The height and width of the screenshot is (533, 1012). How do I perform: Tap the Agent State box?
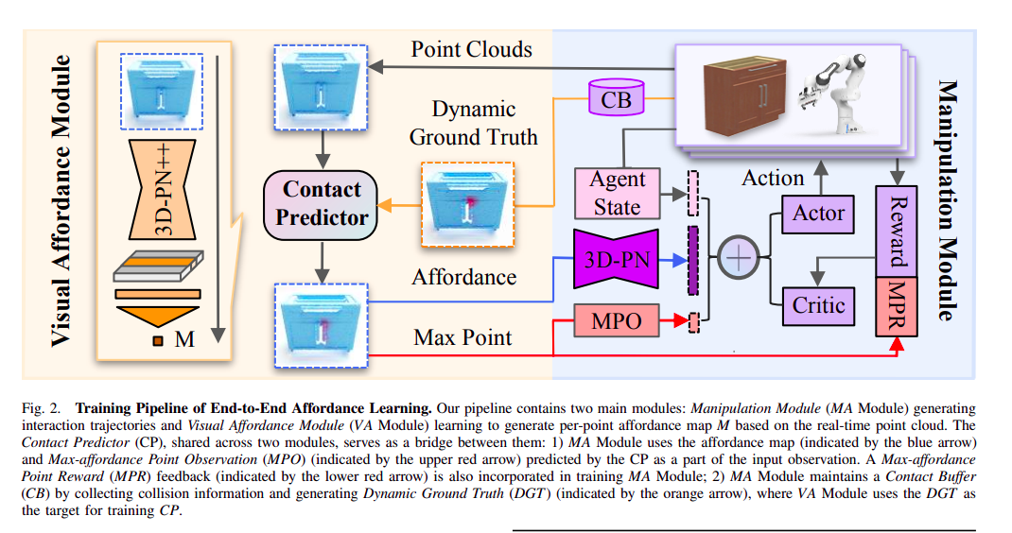[617, 193]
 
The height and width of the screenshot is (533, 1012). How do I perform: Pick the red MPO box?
[615, 321]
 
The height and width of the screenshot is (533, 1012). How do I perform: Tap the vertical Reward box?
[898, 230]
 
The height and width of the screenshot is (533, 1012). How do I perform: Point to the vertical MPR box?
[898, 307]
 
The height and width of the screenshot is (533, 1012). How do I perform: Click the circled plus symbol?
[740, 258]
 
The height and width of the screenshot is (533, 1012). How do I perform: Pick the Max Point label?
[464, 337]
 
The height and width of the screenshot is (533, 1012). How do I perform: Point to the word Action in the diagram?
[774, 178]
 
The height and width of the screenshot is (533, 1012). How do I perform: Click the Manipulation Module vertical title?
[947, 199]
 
